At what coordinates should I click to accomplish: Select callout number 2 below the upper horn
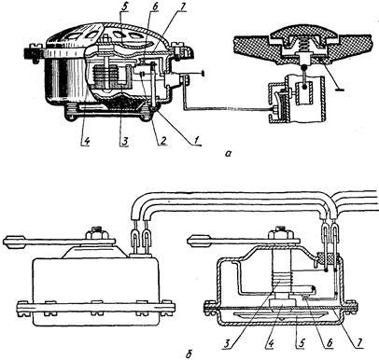(163, 140)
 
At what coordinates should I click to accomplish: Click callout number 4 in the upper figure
(85, 141)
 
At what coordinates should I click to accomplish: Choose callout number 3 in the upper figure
(123, 141)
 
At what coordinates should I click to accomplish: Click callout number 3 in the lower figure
(229, 343)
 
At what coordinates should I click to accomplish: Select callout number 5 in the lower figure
(301, 343)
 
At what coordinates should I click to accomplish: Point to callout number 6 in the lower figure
(330, 343)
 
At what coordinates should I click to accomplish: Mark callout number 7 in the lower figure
(359, 343)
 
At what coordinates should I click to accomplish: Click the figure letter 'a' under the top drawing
(229, 153)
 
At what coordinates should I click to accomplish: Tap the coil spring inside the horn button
(301, 47)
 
